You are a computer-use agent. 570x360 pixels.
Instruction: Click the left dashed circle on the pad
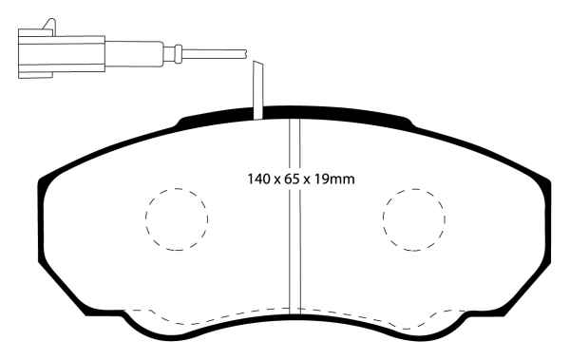click(x=176, y=218)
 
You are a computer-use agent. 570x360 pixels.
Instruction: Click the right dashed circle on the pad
click(x=413, y=218)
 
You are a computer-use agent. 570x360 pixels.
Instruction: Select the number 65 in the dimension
click(x=287, y=178)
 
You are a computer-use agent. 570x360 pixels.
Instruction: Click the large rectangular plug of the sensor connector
click(x=60, y=52)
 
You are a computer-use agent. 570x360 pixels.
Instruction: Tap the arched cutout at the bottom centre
click(x=294, y=321)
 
